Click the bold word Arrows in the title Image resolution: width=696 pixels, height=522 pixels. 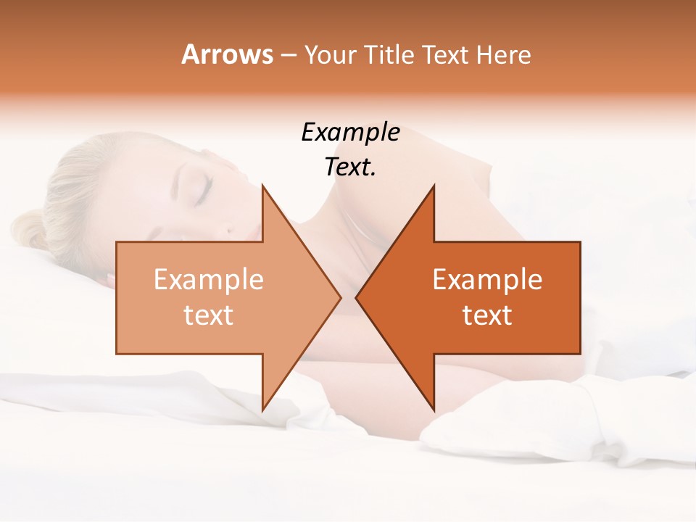point(227,54)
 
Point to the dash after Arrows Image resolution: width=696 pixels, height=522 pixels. point(288,56)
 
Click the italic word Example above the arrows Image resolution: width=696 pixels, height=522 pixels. point(350,133)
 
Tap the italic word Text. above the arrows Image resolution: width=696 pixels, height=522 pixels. point(350,167)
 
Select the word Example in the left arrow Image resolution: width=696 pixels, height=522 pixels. point(209,280)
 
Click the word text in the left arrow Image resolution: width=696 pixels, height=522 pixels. point(209,315)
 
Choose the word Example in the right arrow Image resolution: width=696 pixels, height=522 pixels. point(487,280)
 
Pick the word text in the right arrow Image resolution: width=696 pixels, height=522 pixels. point(487,315)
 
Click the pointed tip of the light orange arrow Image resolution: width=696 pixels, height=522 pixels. point(340,297)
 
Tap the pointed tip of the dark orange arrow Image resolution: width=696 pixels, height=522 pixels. point(357,297)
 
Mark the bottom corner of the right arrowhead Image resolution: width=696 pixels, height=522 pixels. point(434,410)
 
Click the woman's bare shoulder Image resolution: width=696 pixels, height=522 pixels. point(464,210)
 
